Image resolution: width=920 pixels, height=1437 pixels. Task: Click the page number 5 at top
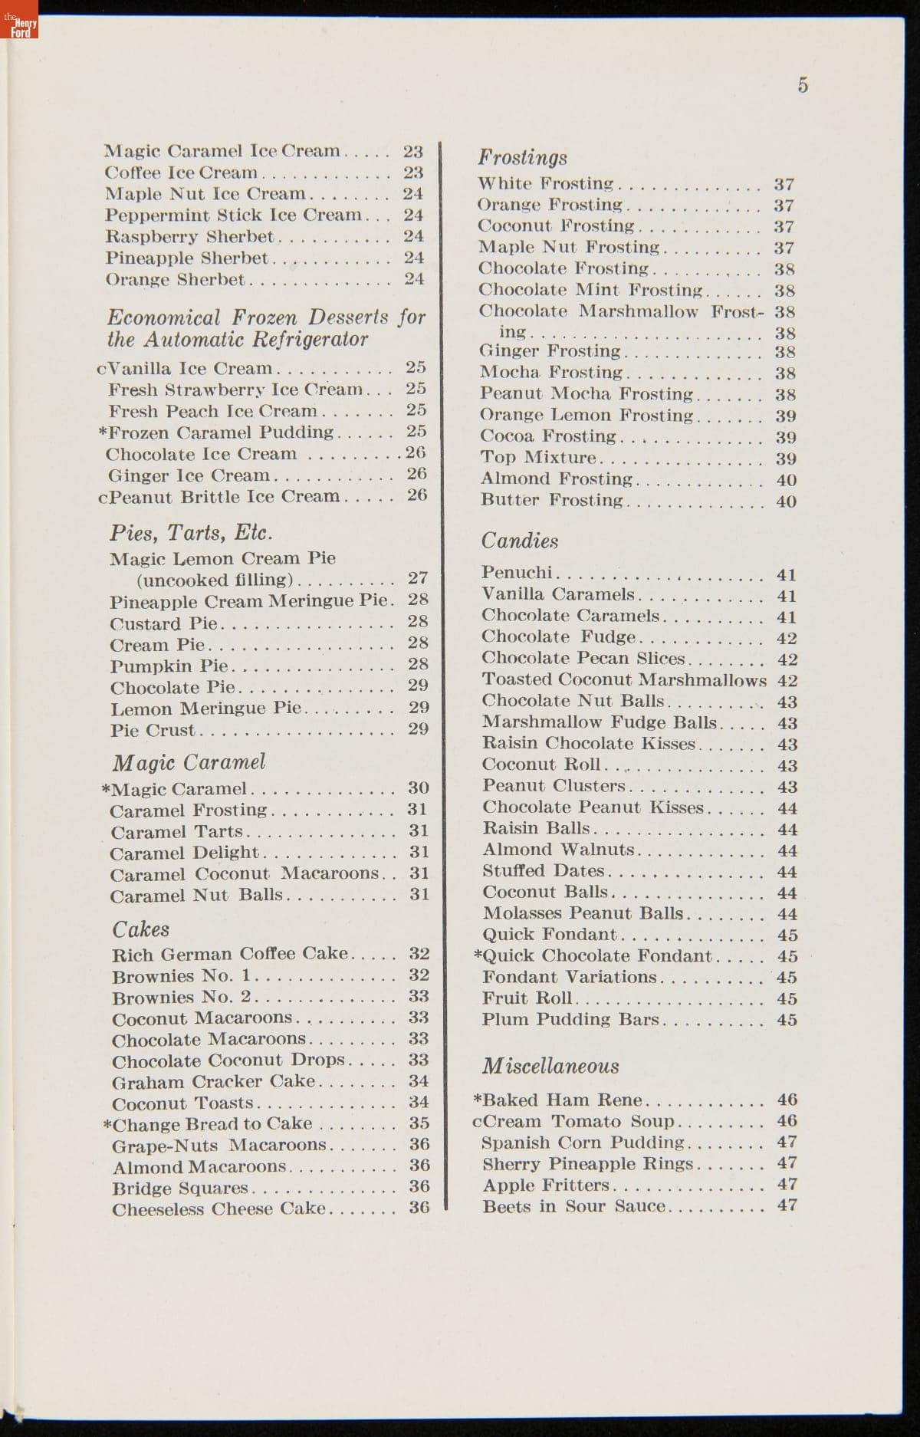tap(802, 85)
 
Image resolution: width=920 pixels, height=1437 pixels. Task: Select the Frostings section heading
tap(522, 157)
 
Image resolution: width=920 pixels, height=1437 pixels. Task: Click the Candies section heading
tap(520, 541)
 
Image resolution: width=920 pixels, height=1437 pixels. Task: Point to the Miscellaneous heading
tap(550, 1066)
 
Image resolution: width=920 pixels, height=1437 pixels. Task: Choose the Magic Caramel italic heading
tap(189, 762)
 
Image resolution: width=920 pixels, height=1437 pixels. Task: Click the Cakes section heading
tap(140, 929)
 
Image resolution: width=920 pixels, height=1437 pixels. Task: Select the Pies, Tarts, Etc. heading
tap(191, 532)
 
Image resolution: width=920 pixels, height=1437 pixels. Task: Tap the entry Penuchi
tap(517, 573)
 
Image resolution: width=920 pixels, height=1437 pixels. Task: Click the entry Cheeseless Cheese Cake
tap(219, 1209)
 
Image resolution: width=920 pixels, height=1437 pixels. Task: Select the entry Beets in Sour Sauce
tap(573, 1206)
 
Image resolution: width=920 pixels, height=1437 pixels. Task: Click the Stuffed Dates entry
tap(543, 871)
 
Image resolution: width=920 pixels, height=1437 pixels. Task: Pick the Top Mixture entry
tap(537, 458)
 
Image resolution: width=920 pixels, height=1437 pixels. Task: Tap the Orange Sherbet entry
tap(175, 279)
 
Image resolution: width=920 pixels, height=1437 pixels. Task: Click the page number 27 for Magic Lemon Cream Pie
tap(418, 578)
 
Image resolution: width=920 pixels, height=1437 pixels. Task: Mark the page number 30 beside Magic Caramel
tap(418, 788)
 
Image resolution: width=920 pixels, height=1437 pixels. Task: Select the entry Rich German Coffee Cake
tap(229, 954)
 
